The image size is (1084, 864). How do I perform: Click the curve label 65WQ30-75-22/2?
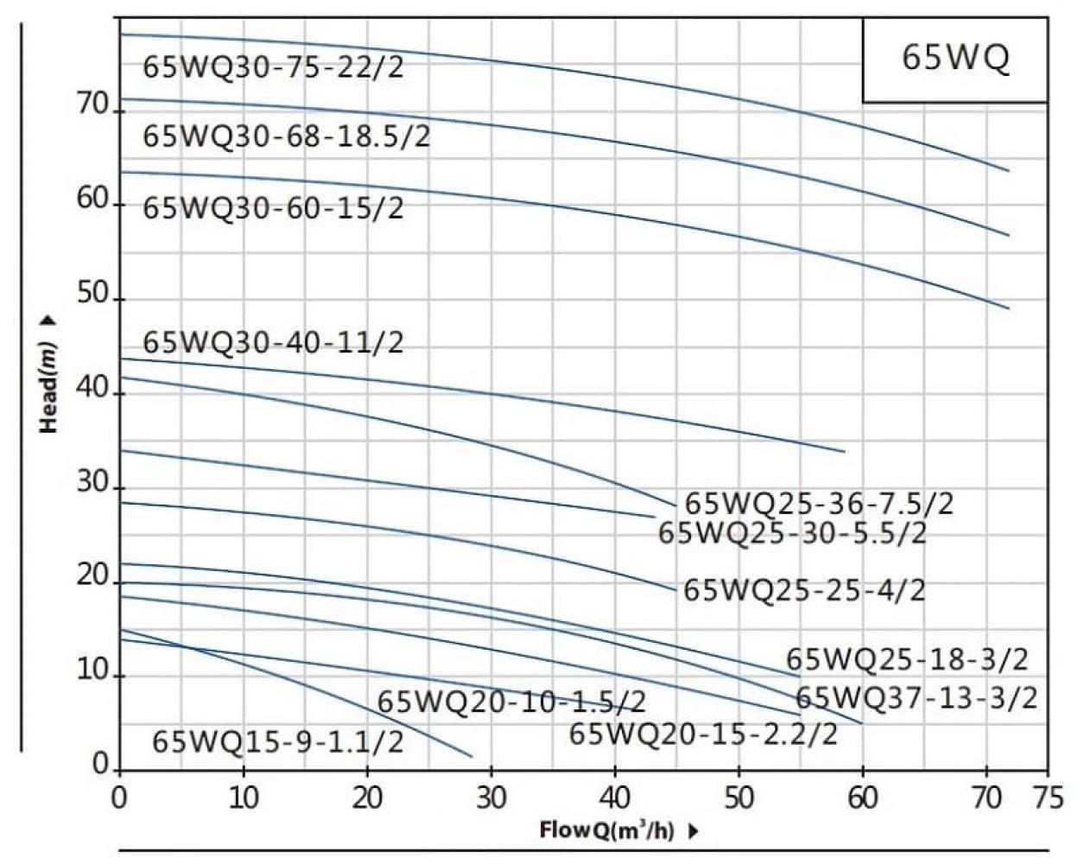pyautogui.click(x=273, y=67)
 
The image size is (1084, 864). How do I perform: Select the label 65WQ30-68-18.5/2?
pyautogui.click(x=286, y=137)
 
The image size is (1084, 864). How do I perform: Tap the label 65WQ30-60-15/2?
pyautogui.click(x=273, y=208)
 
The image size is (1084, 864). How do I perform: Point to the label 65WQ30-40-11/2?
pyautogui.click(x=273, y=343)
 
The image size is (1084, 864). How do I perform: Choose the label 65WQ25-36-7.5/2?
pyautogui.click(x=819, y=504)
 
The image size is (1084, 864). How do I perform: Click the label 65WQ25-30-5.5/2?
pyautogui.click(x=792, y=533)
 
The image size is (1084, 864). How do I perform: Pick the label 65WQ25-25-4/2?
pyautogui.click(x=804, y=591)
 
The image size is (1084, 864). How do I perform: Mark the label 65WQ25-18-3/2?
pyautogui.click(x=907, y=660)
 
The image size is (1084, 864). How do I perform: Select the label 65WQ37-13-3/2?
pyautogui.click(x=916, y=697)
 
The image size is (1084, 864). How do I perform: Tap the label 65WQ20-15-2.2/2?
pyautogui.click(x=703, y=734)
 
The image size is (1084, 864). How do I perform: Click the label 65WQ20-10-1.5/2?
pyautogui.click(x=511, y=702)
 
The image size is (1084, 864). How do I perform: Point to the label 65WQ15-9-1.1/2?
pyautogui.click(x=277, y=741)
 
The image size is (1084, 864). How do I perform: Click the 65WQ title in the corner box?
pyautogui.click(x=955, y=59)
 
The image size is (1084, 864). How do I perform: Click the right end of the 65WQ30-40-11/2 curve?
pyautogui.click(x=844, y=451)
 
